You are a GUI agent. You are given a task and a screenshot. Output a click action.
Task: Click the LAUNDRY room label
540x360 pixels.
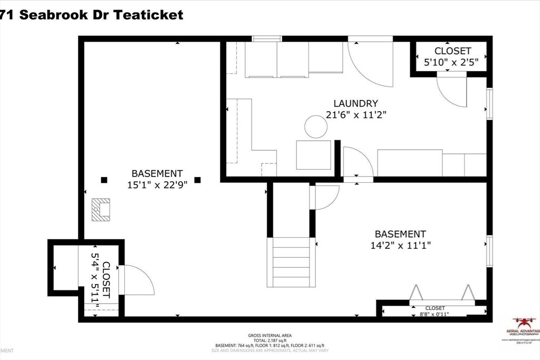(355, 104)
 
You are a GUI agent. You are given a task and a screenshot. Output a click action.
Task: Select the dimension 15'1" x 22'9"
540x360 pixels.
(157, 185)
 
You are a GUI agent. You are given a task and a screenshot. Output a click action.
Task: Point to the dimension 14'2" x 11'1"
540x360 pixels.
(400, 245)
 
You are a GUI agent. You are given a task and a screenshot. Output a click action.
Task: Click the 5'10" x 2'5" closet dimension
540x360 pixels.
(452, 62)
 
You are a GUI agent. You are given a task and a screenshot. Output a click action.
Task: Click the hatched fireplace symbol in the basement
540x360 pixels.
(100, 209)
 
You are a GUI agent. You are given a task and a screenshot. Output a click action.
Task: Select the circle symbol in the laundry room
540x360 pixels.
(316, 127)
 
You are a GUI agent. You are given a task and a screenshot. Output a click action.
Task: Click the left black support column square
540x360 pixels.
(104, 180)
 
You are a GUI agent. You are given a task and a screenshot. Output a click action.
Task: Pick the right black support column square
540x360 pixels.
(197, 180)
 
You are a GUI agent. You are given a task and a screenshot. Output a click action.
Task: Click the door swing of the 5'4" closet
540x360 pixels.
(137, 280)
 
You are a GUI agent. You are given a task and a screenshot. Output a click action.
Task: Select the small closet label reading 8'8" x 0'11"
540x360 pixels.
(435, 311)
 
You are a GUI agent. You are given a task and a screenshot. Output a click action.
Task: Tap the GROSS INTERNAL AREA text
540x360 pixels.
(270, 335)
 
